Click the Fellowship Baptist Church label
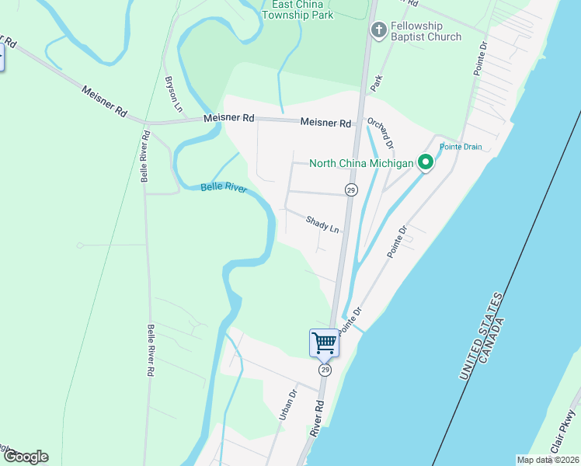(426, 31)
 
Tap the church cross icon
(378, 31)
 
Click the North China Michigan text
(362, 163)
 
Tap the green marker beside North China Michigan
(425, 163)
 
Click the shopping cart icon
(324, 343)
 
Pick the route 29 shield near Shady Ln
(351, 190)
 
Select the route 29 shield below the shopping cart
(325, 370)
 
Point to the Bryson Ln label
(172, 95)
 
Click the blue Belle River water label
(223, 188)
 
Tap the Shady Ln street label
(322, 224)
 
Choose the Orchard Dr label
(381, 133)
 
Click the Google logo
(25, 457)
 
